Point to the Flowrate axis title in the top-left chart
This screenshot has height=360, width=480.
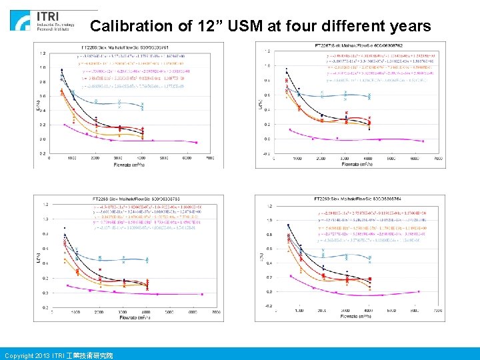click(131, 164)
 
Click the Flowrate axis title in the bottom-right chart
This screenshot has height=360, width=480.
click(360, 317)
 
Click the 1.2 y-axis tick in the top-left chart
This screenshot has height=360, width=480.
click(43, 53)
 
